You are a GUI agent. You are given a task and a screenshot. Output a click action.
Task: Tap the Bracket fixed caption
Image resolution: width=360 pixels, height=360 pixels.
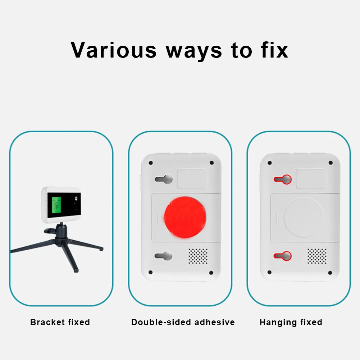pyautogui.click(x=60, y=322)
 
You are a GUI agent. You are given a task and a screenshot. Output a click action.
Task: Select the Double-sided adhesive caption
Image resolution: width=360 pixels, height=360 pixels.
pyautogui.click(x=183, y=322)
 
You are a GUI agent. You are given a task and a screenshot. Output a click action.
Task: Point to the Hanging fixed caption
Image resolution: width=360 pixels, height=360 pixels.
pyautogui.click(x=291, y=322)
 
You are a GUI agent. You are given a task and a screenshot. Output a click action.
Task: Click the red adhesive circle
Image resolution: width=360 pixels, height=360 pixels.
pyautogui.click(x=185, y=217)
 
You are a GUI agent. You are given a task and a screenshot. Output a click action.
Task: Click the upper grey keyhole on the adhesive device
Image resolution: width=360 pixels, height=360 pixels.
pyautogui.click(x=164, y=179)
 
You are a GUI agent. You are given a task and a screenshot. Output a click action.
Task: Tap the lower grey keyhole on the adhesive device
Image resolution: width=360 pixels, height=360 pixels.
pyautogui.click(x=164, y=256)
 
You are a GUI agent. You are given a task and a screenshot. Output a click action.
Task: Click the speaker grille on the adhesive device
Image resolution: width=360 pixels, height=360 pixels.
pyautogui.click(x=198, y=256)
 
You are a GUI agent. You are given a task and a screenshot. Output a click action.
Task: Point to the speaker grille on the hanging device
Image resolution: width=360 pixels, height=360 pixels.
pyautogui.click(x=317, y=256)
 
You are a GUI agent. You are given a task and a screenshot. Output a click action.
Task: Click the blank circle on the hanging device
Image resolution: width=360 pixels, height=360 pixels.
pyautogui.click(x=304, y=217)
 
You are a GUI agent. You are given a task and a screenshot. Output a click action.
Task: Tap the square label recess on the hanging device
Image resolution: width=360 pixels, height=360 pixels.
pyautogui.click(x=311, y=179)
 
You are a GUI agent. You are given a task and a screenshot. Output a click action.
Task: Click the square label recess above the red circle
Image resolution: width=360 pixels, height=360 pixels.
pyautogui.click(x=192, y=179)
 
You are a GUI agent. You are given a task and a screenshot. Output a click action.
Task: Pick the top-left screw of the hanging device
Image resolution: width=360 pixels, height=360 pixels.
pyautogui.click(x=269, y=163)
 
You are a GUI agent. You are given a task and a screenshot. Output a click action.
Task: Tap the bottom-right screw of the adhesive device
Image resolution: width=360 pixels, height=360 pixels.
pyautogui.click(x=211, y=272)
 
